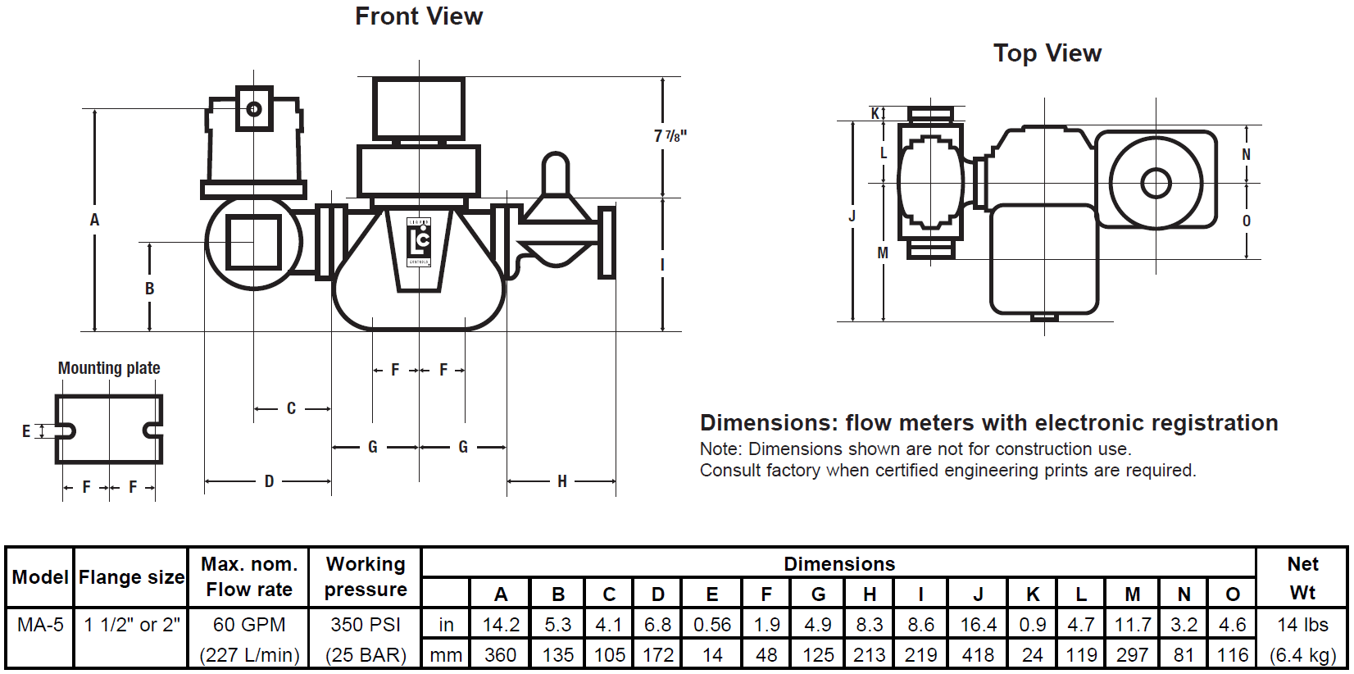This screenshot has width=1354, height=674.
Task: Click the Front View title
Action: tap(419, 16)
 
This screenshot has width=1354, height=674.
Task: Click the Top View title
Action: tap(1047, 53)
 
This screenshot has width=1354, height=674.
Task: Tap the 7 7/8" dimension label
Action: tap(670, 136)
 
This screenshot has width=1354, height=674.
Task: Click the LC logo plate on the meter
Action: tap(419, 241)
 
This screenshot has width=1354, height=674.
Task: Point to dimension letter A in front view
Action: tap(94, 220)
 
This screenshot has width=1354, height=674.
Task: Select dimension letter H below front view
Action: tap(561, 481)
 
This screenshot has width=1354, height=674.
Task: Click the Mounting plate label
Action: tap(109, 368)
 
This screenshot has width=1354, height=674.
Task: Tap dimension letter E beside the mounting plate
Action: tap(26, 431)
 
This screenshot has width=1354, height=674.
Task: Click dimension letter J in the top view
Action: tap(852, 216)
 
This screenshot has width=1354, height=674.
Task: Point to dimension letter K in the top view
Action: tap(875, 113)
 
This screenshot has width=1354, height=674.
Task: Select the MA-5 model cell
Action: tap(40, 625)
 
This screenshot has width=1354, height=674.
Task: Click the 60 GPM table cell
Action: tap(249, 625)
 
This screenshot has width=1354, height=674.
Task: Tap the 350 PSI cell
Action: tap(366, 625)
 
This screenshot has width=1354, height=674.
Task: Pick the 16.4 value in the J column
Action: tap(978, 625)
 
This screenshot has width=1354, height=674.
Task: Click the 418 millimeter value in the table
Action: tap(978, 655)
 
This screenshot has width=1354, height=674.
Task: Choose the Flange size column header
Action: tap(131, 577)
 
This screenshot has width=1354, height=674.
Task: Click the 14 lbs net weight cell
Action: tap(1302, 625)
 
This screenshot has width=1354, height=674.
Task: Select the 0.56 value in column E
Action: tap(711, 625)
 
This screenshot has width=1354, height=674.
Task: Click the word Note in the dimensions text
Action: tap(720, 449)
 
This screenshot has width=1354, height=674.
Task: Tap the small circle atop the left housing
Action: tap(253, 108)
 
